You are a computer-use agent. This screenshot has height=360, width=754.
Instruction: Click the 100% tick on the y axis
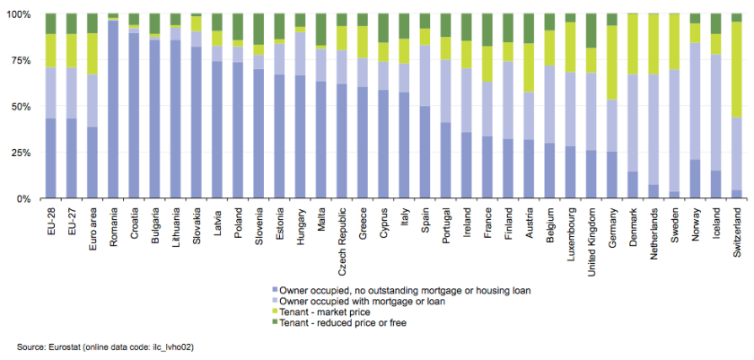coord(18,14)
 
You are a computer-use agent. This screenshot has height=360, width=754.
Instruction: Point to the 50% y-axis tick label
coord(20,107)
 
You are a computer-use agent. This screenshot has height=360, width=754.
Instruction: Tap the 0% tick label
coord(22,198)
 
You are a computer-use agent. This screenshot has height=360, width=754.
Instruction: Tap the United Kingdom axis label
coord(591,235)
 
